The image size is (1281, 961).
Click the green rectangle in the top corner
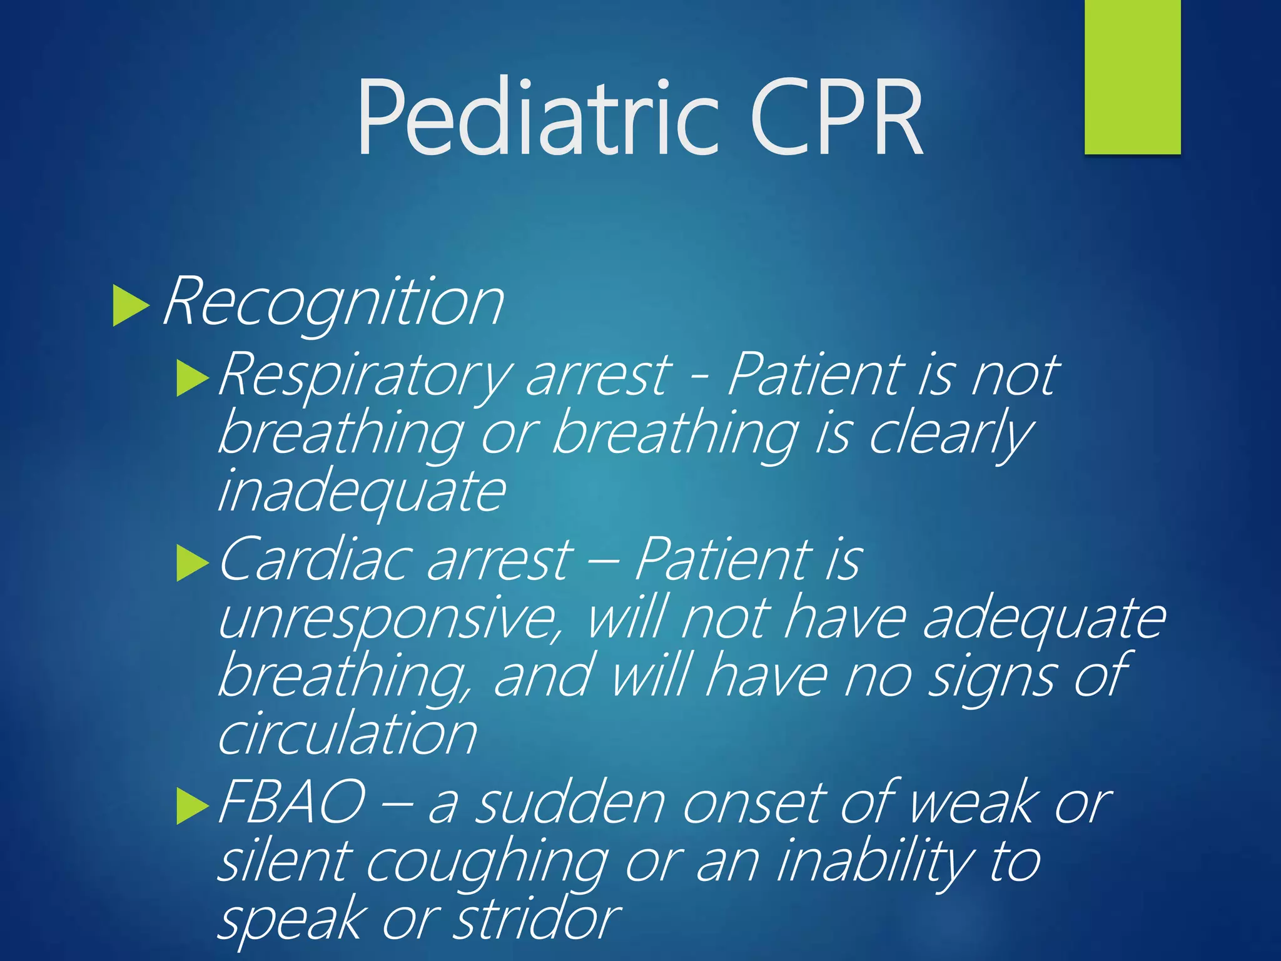[x=1132, y=76]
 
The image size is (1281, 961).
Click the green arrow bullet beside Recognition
[x=131, y=305]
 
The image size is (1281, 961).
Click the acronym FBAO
[x=291, y=802]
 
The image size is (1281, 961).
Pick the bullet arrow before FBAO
[x=192, y=806]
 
